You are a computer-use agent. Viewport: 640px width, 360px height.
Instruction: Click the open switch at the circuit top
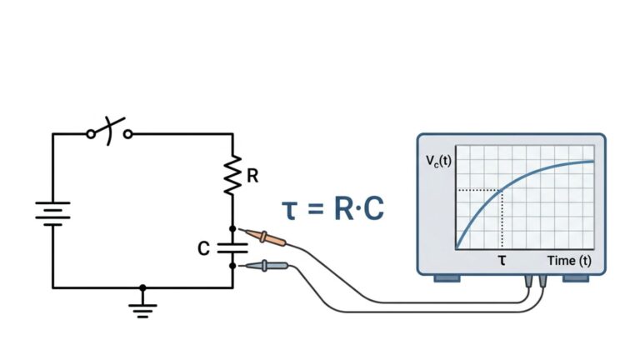[109, 132]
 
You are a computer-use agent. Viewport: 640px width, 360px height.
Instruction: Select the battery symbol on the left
[53, 212]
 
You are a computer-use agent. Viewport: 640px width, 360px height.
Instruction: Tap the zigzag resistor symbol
[233, 174]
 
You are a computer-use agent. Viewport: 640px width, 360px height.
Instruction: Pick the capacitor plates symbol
[233, 247]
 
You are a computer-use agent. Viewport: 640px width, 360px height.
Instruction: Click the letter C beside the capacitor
[204, 248]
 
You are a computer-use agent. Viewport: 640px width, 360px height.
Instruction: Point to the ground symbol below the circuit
[142, 309]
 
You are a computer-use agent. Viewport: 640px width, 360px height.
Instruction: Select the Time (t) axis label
[569, 261]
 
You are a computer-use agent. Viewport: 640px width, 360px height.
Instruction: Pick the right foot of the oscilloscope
[576, 277]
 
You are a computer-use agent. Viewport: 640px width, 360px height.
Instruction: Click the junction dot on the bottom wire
[142, 287]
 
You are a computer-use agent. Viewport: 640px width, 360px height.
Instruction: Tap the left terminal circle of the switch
[90, 133]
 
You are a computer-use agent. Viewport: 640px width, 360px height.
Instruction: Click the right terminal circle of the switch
[127, 133]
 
